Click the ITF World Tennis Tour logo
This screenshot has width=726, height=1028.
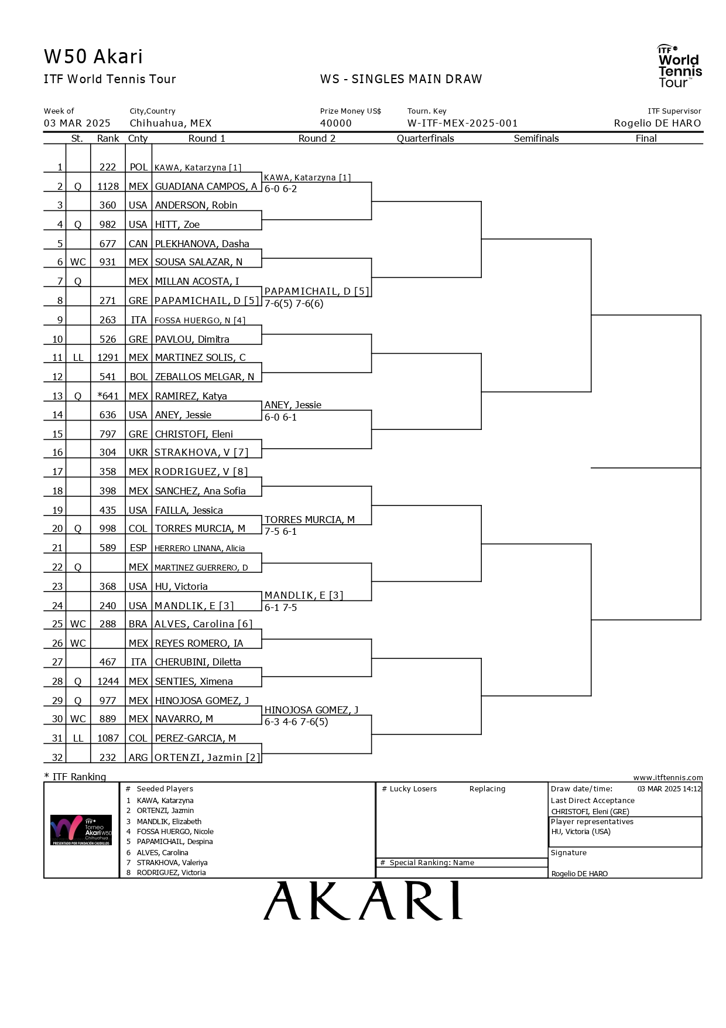point(679,66)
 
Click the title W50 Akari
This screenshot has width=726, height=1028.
point(93,57)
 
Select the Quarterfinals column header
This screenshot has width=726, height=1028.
point(425,139)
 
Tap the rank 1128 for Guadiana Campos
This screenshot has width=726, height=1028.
point(108,186)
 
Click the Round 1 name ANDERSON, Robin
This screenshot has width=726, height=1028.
point(196,206)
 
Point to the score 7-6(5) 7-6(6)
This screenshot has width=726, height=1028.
point(294,303)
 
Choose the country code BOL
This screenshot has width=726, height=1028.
point(138,377)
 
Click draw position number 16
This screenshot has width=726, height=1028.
point(57,452)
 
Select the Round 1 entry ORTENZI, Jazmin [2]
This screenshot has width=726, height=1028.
point(207,757)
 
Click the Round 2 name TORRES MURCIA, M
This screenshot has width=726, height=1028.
point(309,520)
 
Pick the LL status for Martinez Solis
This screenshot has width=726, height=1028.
point(78,357)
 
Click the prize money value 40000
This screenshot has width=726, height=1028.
point(336,124)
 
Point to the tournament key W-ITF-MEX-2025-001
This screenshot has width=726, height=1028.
point(463,124)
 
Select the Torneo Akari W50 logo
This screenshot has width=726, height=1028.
point(81,830)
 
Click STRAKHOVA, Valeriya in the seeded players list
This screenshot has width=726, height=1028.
point(172,862)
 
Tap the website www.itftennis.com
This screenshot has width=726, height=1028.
point(667,777)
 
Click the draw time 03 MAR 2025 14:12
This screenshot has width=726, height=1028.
point(669,789)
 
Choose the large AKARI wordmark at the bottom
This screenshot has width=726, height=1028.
point(363,901)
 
